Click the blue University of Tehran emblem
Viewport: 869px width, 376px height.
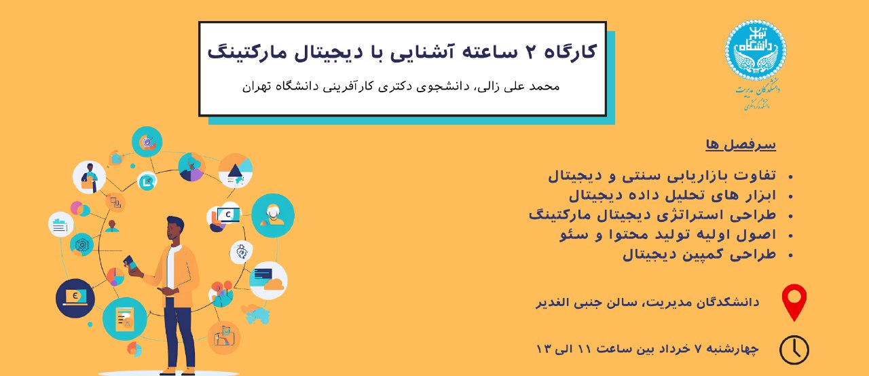756,50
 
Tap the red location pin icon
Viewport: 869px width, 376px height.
794,302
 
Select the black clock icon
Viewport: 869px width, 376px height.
794,350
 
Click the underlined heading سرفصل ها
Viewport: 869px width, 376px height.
741,145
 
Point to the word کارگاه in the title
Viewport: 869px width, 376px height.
570,52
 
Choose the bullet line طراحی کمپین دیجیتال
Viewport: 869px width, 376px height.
699,255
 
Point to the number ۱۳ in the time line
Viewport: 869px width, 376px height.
544,349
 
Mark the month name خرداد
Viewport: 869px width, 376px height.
673,349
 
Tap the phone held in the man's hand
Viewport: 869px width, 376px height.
130,263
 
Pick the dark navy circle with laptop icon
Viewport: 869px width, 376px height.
75,299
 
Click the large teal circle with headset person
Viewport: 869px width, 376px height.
273,216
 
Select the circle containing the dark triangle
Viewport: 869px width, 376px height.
235,171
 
